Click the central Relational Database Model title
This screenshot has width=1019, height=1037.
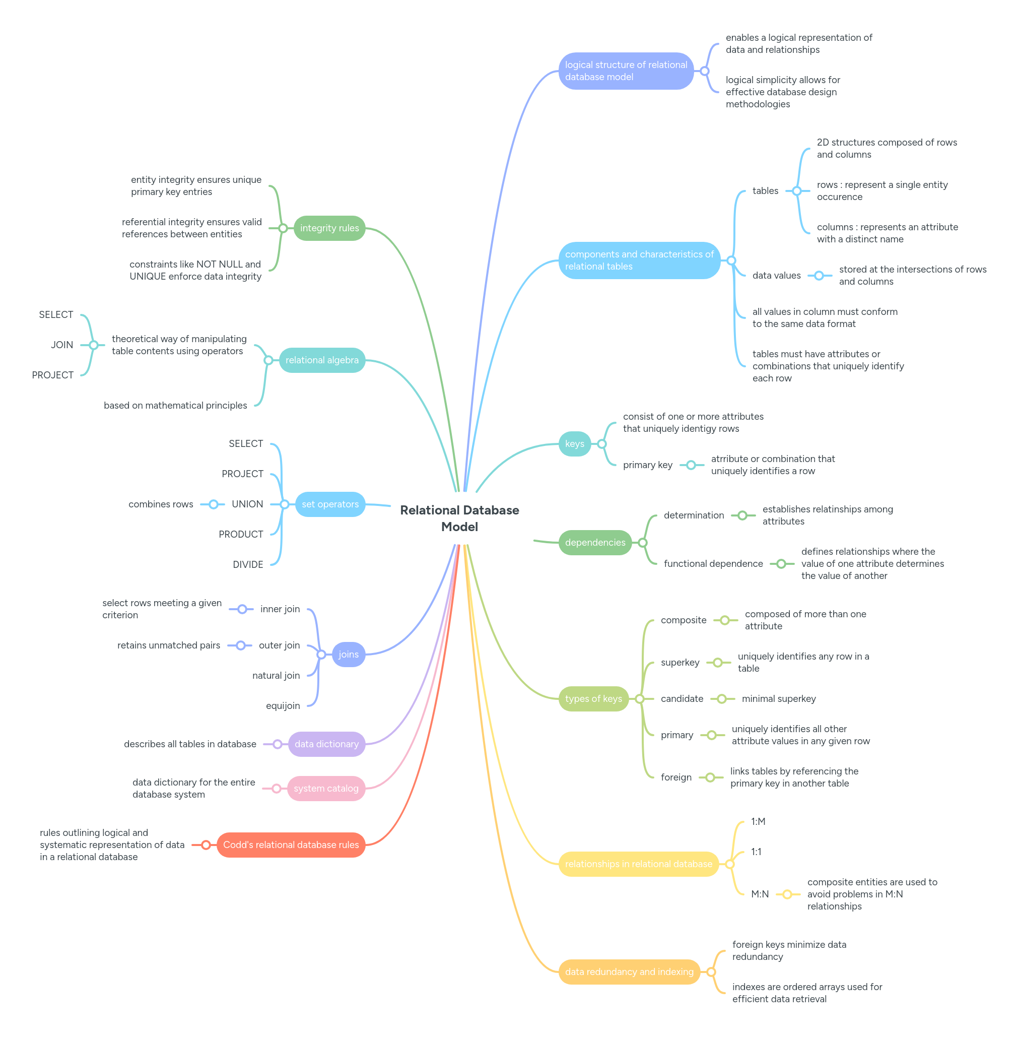tap(459, 517)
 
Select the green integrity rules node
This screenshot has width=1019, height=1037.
tap(329, 228)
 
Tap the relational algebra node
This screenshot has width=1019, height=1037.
tap(322, 360)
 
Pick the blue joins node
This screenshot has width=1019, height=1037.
tap(349, 654)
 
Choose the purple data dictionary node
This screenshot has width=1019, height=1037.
tap(326, 744)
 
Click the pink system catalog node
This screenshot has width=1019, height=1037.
tap(326, 789)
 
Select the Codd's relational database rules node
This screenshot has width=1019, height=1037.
tap(291, 845)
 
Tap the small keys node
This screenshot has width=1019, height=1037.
tap(574, 444)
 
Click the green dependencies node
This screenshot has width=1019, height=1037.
tap(594, 542)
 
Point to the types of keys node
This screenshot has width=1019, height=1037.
tap(593, 699)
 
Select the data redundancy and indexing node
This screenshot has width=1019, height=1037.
tap(629, 971)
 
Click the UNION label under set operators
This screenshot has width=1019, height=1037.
tap(247, 504)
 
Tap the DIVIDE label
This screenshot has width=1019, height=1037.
tap(248, 564)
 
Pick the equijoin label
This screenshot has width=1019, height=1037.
tap(283, 705)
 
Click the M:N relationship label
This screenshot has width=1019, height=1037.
tap(760, 894)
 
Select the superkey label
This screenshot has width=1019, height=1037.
tap(680, 662)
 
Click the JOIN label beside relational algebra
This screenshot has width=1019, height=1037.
tap(62, 345)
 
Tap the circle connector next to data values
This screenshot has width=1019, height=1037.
tap(819, 276)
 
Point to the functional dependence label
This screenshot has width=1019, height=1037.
tap(713, 564)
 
